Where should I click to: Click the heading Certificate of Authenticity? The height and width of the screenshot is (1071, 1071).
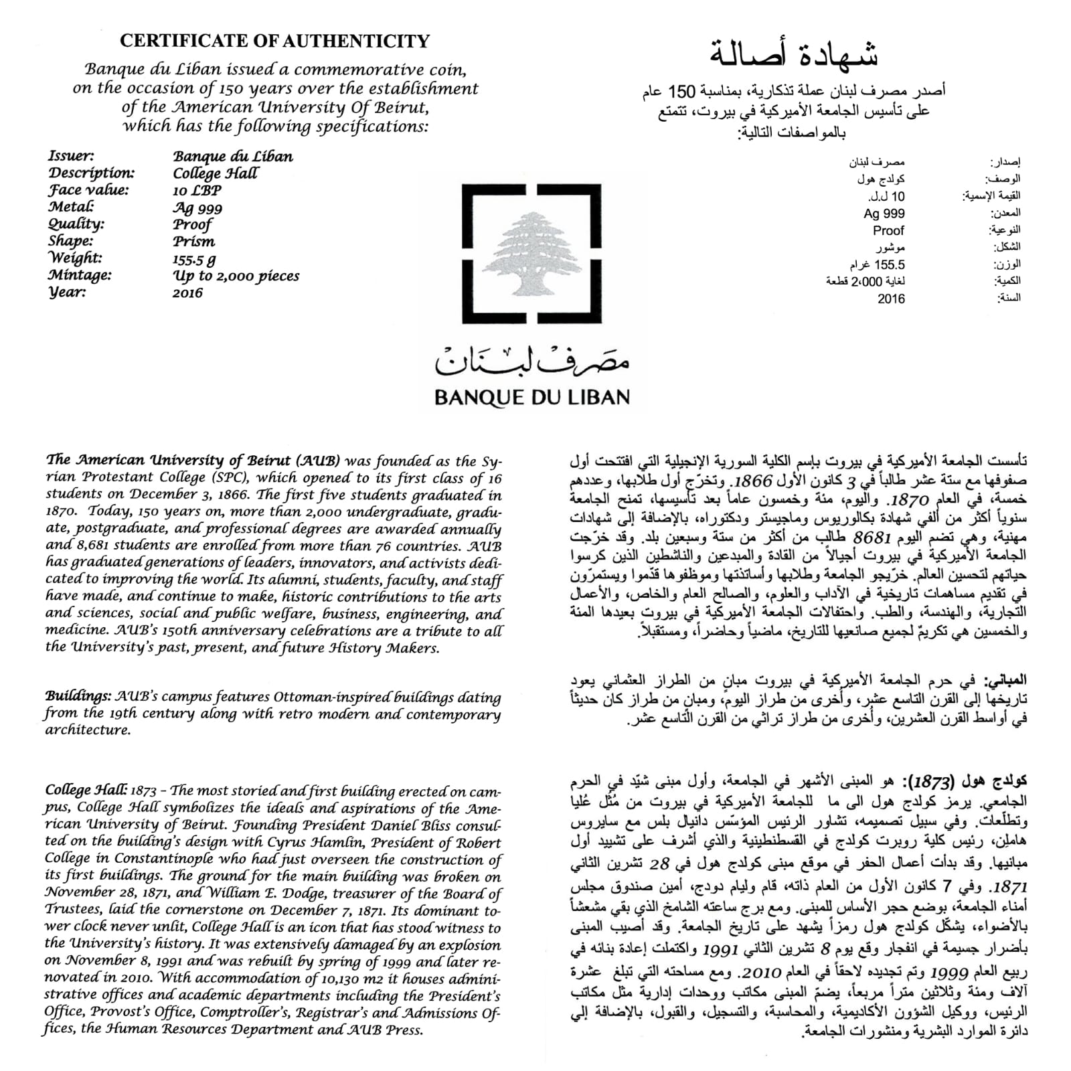point(274,41)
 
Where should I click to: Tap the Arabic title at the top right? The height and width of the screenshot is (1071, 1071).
point(794,54)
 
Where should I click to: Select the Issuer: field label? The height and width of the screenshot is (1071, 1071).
point(71,156)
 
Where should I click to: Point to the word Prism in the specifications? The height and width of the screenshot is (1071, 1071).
point(193,242)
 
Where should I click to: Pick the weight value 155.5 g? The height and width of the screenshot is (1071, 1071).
point(194,259)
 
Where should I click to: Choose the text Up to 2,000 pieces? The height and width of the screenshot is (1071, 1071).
point(236,276)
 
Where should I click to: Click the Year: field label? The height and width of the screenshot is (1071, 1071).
point(67,293)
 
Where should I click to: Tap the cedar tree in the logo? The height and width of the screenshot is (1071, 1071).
point(531,254)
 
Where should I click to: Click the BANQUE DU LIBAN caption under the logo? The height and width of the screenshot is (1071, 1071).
point(532,398)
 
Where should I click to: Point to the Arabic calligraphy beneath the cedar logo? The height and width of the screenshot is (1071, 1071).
point(532,361)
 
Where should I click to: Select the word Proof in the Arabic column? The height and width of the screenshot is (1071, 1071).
point(888,230)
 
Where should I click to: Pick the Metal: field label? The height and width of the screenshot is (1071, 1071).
point(70,207)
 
